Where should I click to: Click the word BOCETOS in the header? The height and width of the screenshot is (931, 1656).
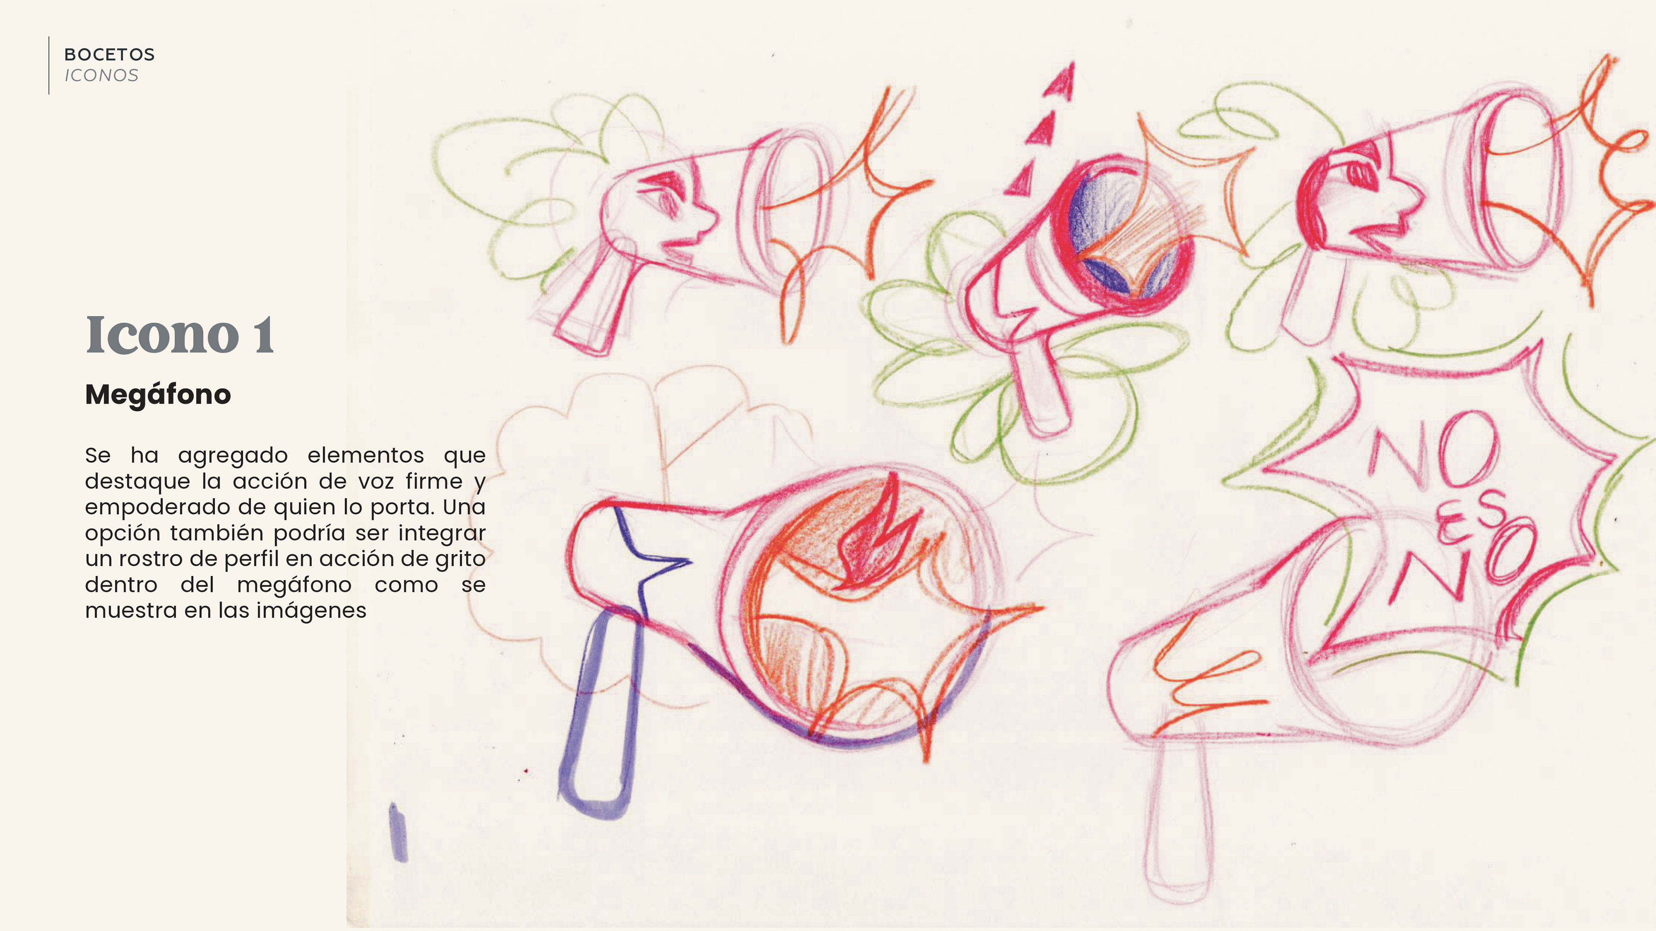(x=109, y=55)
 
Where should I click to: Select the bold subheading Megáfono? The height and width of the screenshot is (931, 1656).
(x=157, y=394)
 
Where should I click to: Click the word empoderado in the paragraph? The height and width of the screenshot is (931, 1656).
(x=157, y=508)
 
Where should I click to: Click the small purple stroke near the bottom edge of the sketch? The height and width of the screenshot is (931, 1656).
(x=398, y=832)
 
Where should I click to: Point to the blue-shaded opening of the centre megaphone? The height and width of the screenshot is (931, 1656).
(x=1122, y=231)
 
